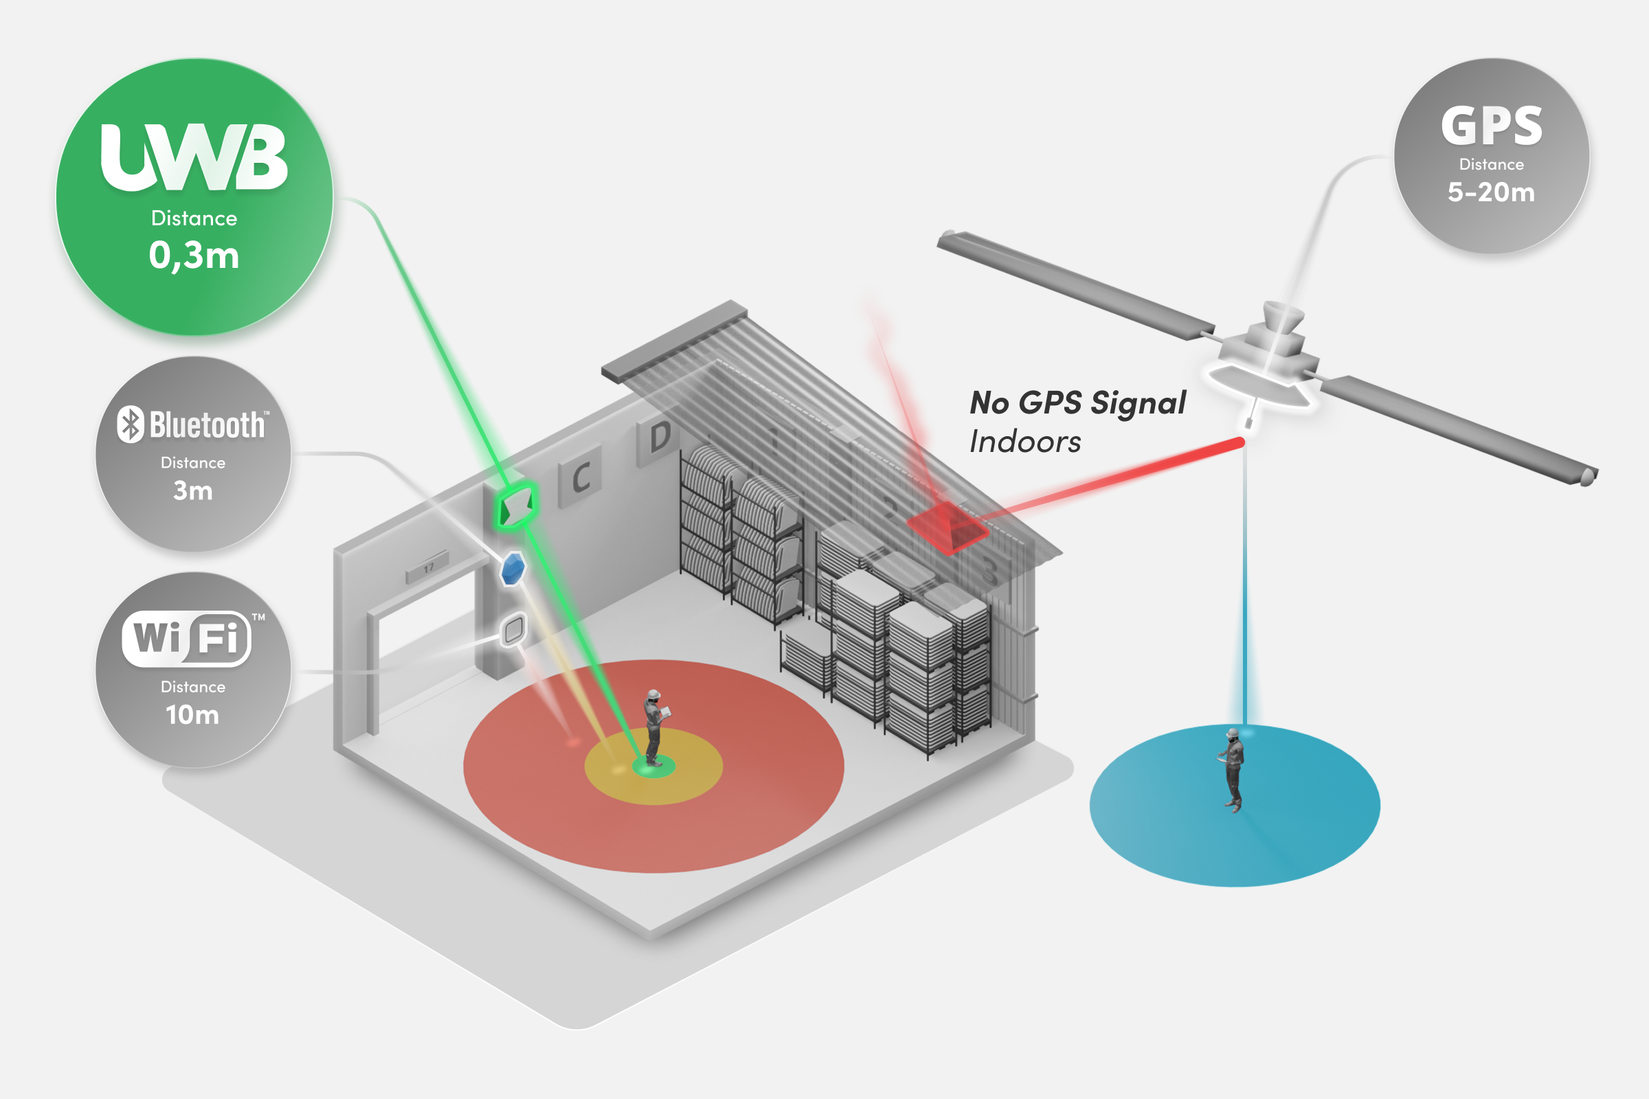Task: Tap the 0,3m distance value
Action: pyautogui.click(x=194, y=255)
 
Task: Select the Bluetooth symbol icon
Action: pyautogui.click(x=131, y=424)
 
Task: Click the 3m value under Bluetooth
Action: pyautogui.click(x=193, y=490)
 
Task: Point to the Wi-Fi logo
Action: pyautogui.click(x=186, y=639)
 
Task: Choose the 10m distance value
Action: pyautogui.click(x=193, y=715)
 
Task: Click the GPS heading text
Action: pyautogui.click(x=1491, y=127)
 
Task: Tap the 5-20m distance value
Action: pyautogui.click(x=1491, y=192)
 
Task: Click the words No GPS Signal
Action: pyautogui.click(x=1077, y=403)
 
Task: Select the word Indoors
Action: pyautogui.click(x=1025, y=442)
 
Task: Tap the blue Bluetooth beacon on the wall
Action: pyautogui.click(x=513, y=569)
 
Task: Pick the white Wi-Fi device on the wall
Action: pyautogui.click(x=514, y=629)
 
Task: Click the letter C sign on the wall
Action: pyautogui.click(x=581, y=477)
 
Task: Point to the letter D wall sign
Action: pyautogui.click(x=659, y=438)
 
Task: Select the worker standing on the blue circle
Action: pyautogui.click(x=1233, y=769)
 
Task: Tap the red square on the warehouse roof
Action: pyautogui.click(x=947, y=527)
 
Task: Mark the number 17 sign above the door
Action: pyautogui.click(x=427, y=569)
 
